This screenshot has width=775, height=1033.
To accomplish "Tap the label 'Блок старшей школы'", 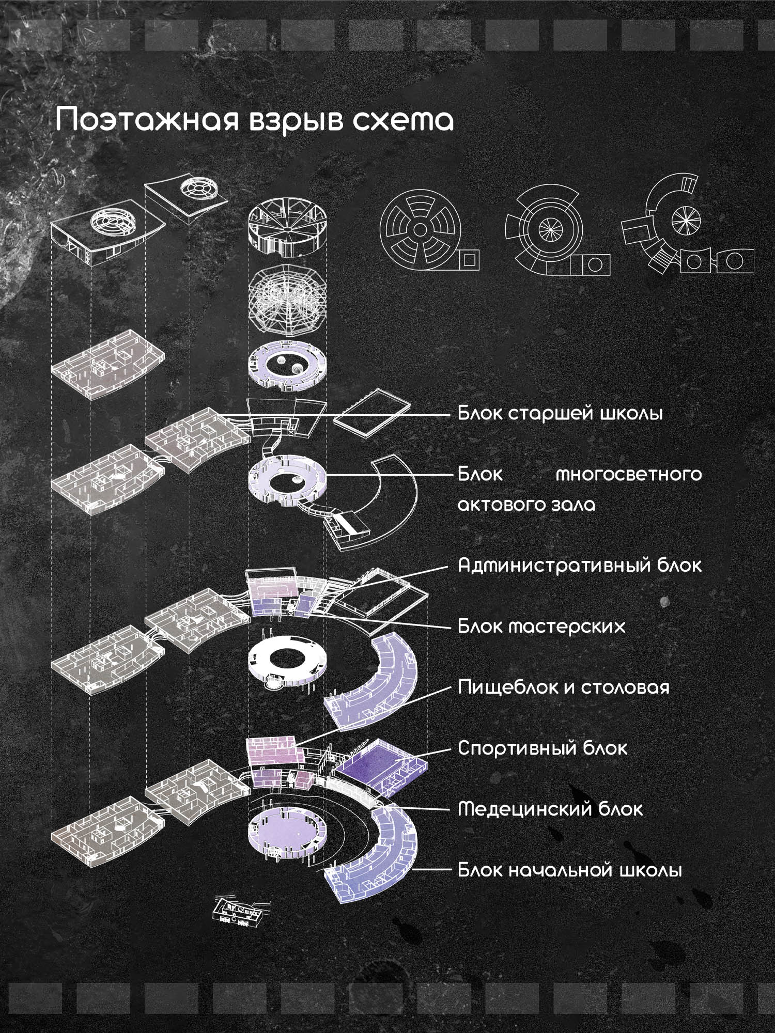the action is tap(561, 414).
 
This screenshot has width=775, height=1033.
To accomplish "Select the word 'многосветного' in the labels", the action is tap(629, 474).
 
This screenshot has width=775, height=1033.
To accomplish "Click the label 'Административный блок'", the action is tap(580, 566).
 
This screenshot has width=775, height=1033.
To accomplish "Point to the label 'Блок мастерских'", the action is tap(541, 627).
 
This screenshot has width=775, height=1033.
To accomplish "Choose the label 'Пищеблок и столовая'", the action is tap(564, 687).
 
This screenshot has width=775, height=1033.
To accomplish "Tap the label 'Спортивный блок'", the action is tap(542, 748).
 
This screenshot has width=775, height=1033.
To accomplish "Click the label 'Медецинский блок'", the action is tap(550, 809).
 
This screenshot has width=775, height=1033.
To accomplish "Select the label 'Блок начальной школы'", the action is tap(570, 870).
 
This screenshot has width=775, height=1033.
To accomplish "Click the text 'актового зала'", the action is tap(526, 505).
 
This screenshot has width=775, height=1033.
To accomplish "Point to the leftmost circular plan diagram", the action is tap(430, 230).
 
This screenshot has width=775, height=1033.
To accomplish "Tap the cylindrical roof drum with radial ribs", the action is tap(288, 230).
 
